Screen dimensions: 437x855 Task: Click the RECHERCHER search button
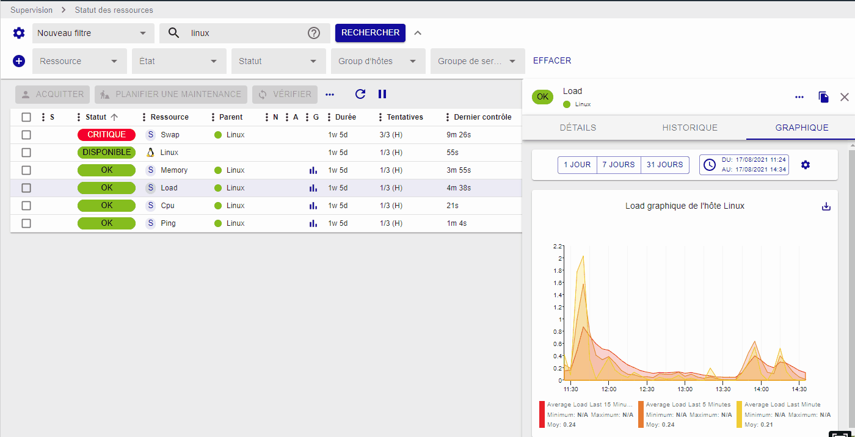point(370,32)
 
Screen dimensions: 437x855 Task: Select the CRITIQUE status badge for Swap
point(106,135)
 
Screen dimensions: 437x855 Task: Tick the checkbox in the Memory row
point(26,170)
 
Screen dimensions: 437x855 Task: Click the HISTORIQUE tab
point(689,128)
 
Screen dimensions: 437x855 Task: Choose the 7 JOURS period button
point(619,165)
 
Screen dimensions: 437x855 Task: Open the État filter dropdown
point(179,61)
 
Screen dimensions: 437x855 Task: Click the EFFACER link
point(552,60)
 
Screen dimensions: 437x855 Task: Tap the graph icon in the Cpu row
point(313,206)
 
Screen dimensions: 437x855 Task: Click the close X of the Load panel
point(845,97)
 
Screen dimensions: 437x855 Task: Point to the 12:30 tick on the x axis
point(647,389)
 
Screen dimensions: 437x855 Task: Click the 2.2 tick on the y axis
point(557,247)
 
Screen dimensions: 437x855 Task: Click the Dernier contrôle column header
point(482,117)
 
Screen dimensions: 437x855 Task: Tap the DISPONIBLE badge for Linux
point(106,153)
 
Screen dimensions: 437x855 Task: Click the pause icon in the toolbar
point(382,94)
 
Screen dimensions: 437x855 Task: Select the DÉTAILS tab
point(578,128)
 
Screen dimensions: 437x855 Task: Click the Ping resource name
point(168,223)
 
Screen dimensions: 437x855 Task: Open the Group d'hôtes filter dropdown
point(377,61)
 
